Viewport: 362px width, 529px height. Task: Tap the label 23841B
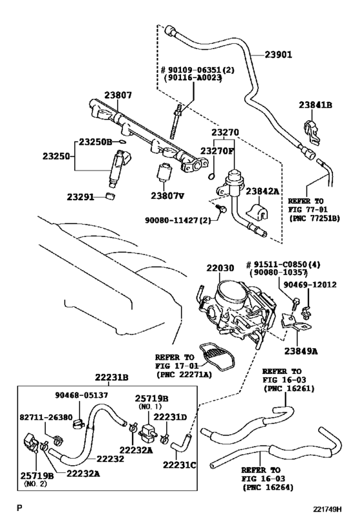click(315, 105)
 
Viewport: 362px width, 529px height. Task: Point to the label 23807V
click(167, 194)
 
